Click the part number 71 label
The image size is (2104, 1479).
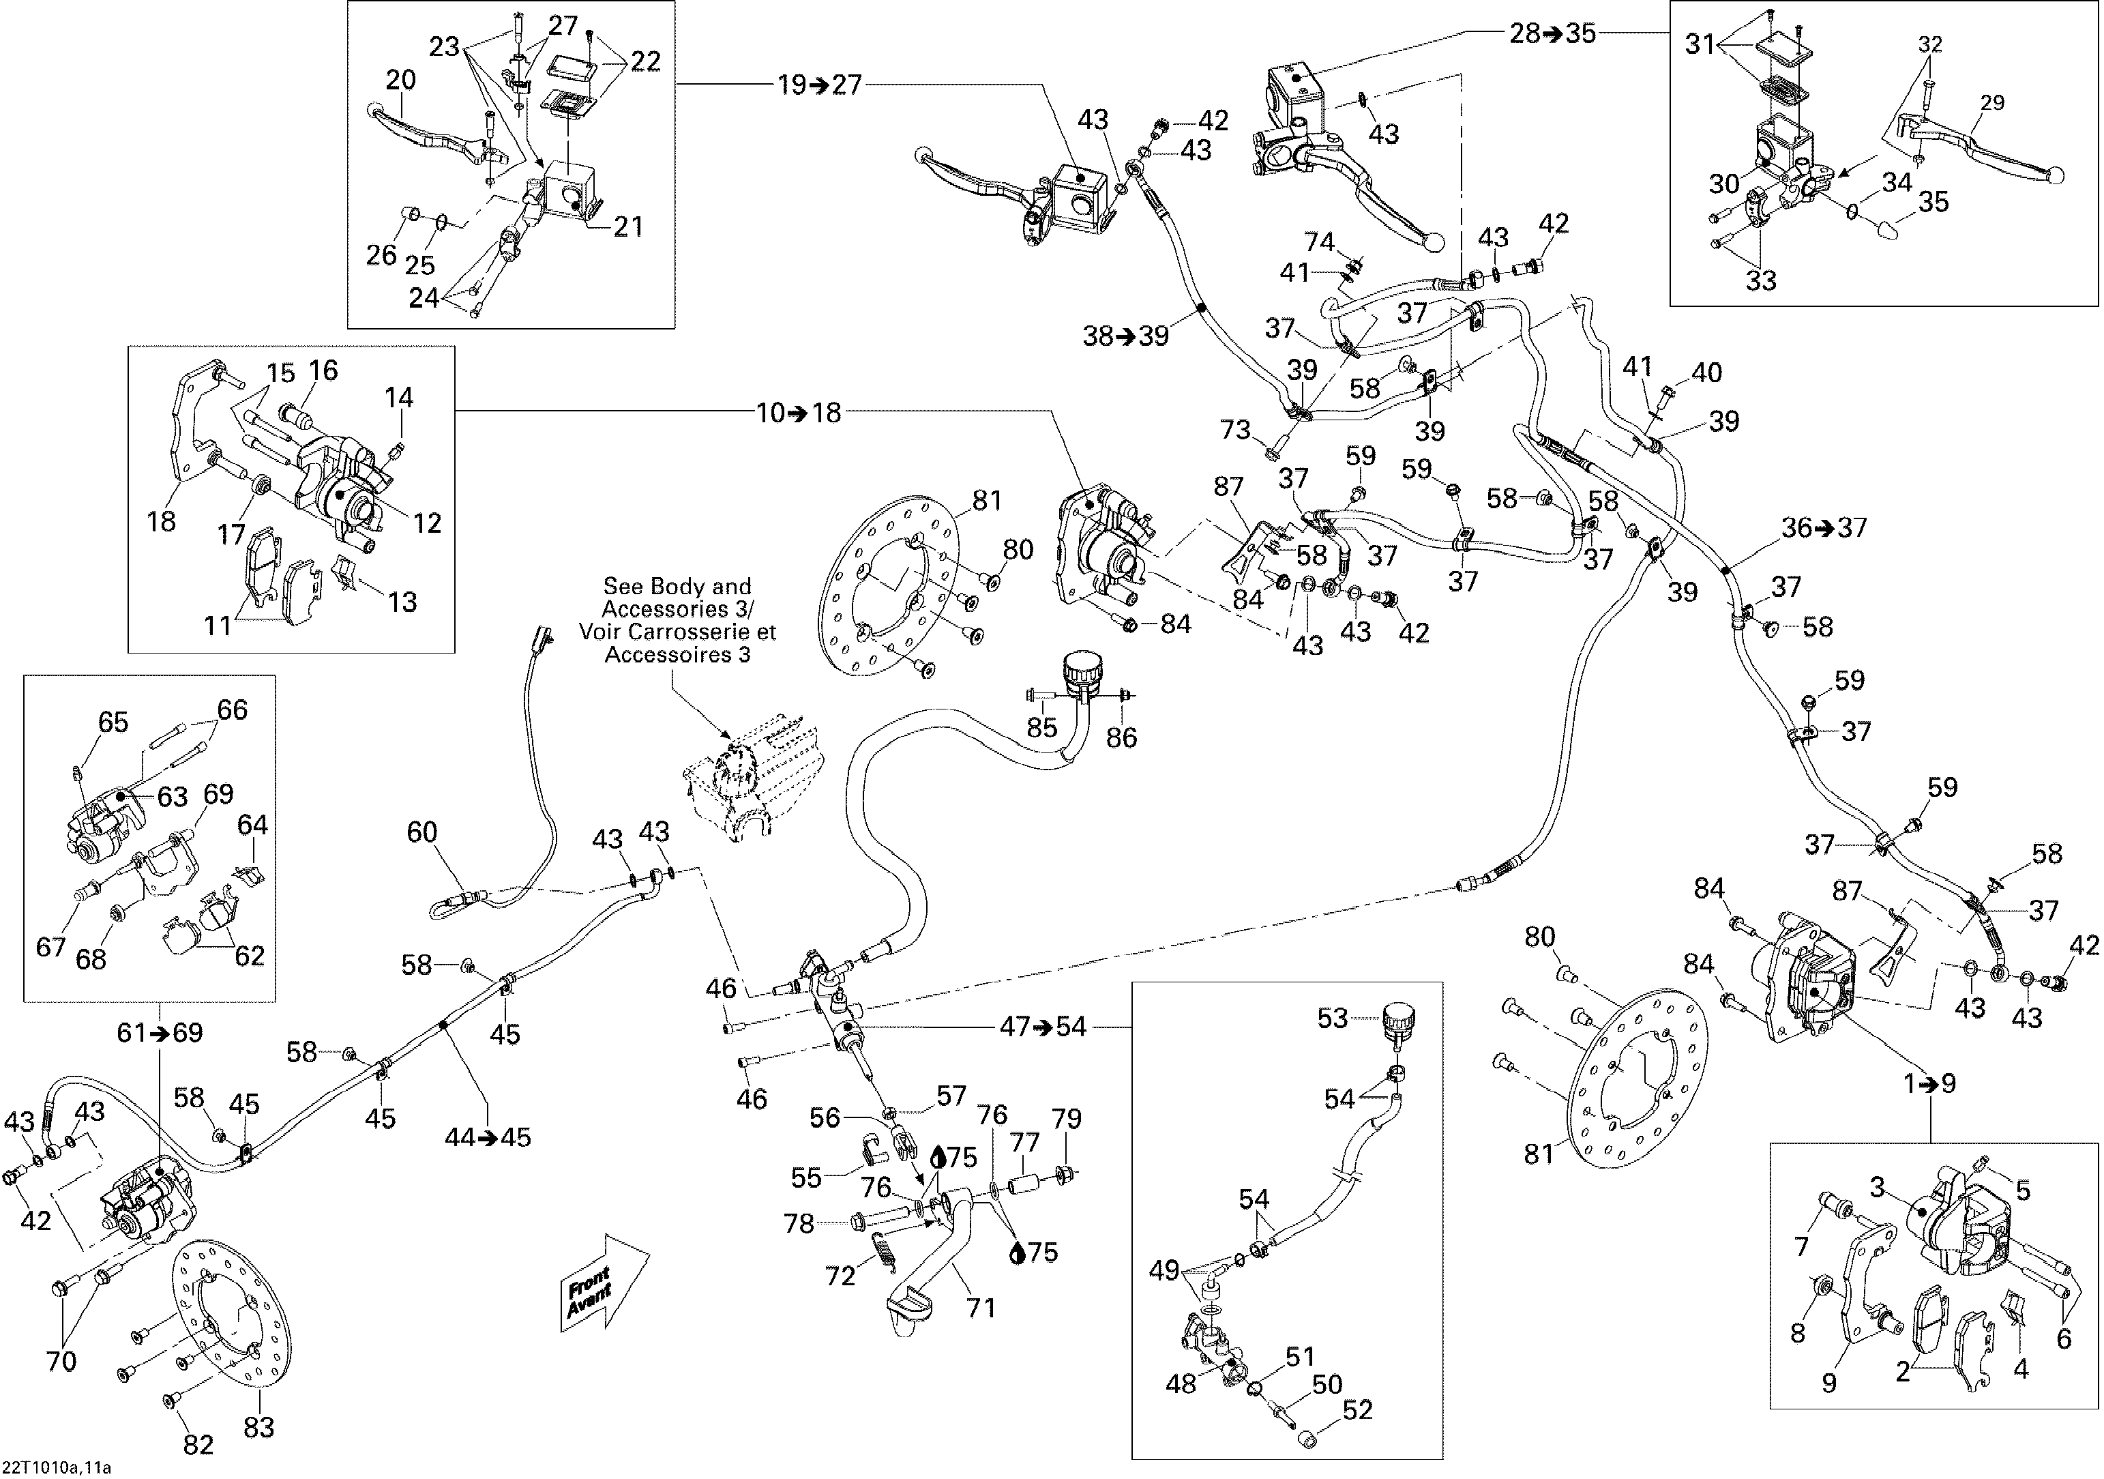pos(981,1306)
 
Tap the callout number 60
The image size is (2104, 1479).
pos(422,832)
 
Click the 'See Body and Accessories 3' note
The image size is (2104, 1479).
pos(677,620)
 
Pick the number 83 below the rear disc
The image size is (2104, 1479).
pos(258,1426)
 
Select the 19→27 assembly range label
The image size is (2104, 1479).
pos(820,85)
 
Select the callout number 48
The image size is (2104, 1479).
pos(1181,1383)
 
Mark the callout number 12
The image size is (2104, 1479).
pos(427,523)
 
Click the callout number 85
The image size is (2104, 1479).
pos(1042,727)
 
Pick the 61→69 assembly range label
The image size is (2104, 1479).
pos(160,1033)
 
